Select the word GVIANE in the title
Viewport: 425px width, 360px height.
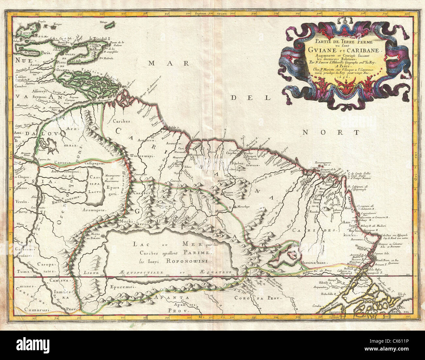(x=319, y=50)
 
